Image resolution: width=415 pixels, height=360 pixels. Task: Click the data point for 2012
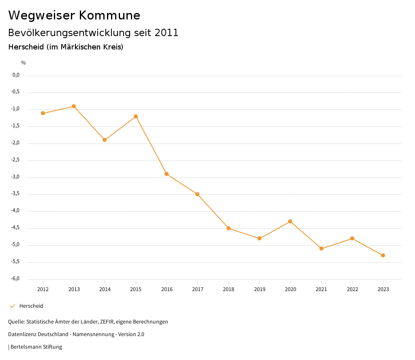coord(43,113)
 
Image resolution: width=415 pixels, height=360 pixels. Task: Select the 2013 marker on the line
coord(74,106)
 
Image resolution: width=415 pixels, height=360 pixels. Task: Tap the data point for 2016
coord(167,174)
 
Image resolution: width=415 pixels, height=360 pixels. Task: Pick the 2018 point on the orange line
coord(229,228)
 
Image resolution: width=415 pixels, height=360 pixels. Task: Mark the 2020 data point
coord(290,221)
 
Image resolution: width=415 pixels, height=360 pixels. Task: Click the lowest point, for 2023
coord(383,255)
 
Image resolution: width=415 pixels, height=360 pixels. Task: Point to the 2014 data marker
coord(105,140)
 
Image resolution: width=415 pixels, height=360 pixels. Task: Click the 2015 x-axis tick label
coord(136,289)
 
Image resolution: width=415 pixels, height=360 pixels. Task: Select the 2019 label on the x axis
coord(259,289)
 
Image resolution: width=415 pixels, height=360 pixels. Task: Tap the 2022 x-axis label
coord(352,289)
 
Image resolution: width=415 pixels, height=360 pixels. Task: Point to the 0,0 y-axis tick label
coord(16,75)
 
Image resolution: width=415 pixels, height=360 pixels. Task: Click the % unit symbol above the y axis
coord(24,62)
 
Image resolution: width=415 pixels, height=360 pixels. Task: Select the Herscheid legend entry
coord(31,306)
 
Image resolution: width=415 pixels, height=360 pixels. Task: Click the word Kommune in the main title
coord(109,15)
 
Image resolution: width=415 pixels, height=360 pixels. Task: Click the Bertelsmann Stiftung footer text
coord(36,347)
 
